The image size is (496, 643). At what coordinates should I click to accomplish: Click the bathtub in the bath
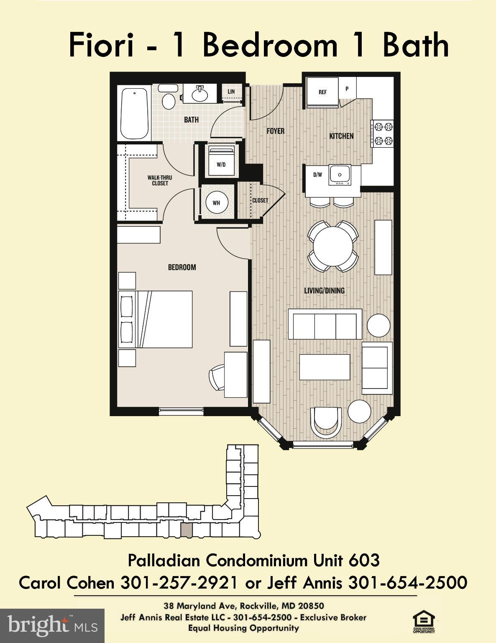pyautogui.click(x=134, y=113)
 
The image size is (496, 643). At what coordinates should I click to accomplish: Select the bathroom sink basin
pyautogui.click(x=199, y=94)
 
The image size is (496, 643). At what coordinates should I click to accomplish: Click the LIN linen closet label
pyautogui.click(x=231, y=92)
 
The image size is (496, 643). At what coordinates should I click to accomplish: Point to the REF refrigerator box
pyautogui.click(x=322, y=92)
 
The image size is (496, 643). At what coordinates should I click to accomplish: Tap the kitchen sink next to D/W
pyautogui.click(x=340, y=175)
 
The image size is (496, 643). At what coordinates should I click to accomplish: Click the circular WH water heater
pyautogui.click(x=217, y=203)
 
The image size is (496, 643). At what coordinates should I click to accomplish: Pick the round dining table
pyautogui.click(x=333, y=247)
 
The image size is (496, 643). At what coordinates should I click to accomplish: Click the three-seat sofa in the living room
pyautogui.click(x=325, y=324)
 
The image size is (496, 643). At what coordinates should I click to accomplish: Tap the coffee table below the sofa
pyautogui.click(x=325, y=367)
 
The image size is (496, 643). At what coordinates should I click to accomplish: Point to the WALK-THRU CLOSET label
pyautogui.click(x=160, y=180)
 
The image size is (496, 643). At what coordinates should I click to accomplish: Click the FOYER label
pyautogui.click(x=276, y=131)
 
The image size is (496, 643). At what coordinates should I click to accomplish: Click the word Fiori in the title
pyautogui.click(x=101, y=45)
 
